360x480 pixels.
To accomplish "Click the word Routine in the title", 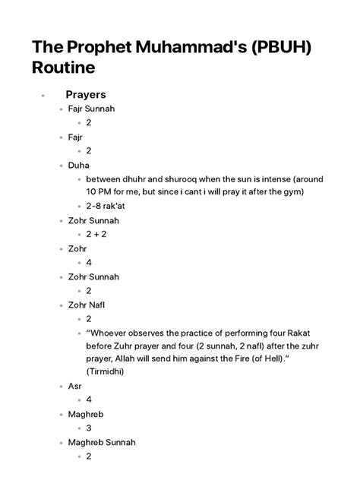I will click(x=64, y=68).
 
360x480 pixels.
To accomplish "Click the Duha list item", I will click(x=78, y=165).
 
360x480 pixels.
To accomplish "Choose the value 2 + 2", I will click(x=99, y=234).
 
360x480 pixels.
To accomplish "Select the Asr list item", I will click(x=75, y=386).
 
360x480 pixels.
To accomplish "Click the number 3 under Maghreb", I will click(x=90, y=428).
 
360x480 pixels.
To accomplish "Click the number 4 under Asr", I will click(x=90, y=399).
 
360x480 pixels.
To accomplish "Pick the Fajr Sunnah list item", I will click(x=92, y=109).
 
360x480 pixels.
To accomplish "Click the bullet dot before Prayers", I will click(x=45, y=96).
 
